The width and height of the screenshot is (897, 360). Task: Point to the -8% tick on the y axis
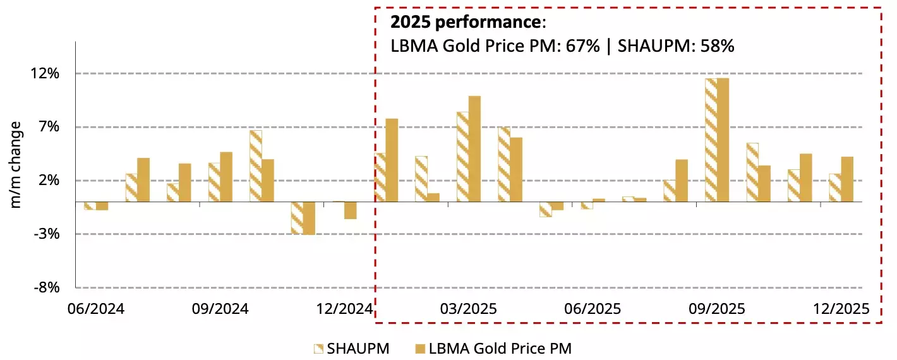coord(46,288)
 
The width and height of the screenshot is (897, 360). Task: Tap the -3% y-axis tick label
coord(46,234)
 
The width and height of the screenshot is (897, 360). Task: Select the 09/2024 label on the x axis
coord(220,310)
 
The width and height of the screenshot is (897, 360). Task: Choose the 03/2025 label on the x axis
coord(468,310)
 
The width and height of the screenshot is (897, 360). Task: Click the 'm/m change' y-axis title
coord(17,165)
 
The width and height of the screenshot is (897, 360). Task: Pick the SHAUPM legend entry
coord(351,348)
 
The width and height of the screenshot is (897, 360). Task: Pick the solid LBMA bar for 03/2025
coord(474,149)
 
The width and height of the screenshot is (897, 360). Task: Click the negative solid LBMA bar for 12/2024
coord(350,210)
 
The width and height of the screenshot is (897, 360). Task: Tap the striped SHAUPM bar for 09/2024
coord(215,183)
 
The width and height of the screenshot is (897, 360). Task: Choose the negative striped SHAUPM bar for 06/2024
coord(90,206)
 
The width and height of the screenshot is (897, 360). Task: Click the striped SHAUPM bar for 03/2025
coord(462,157)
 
